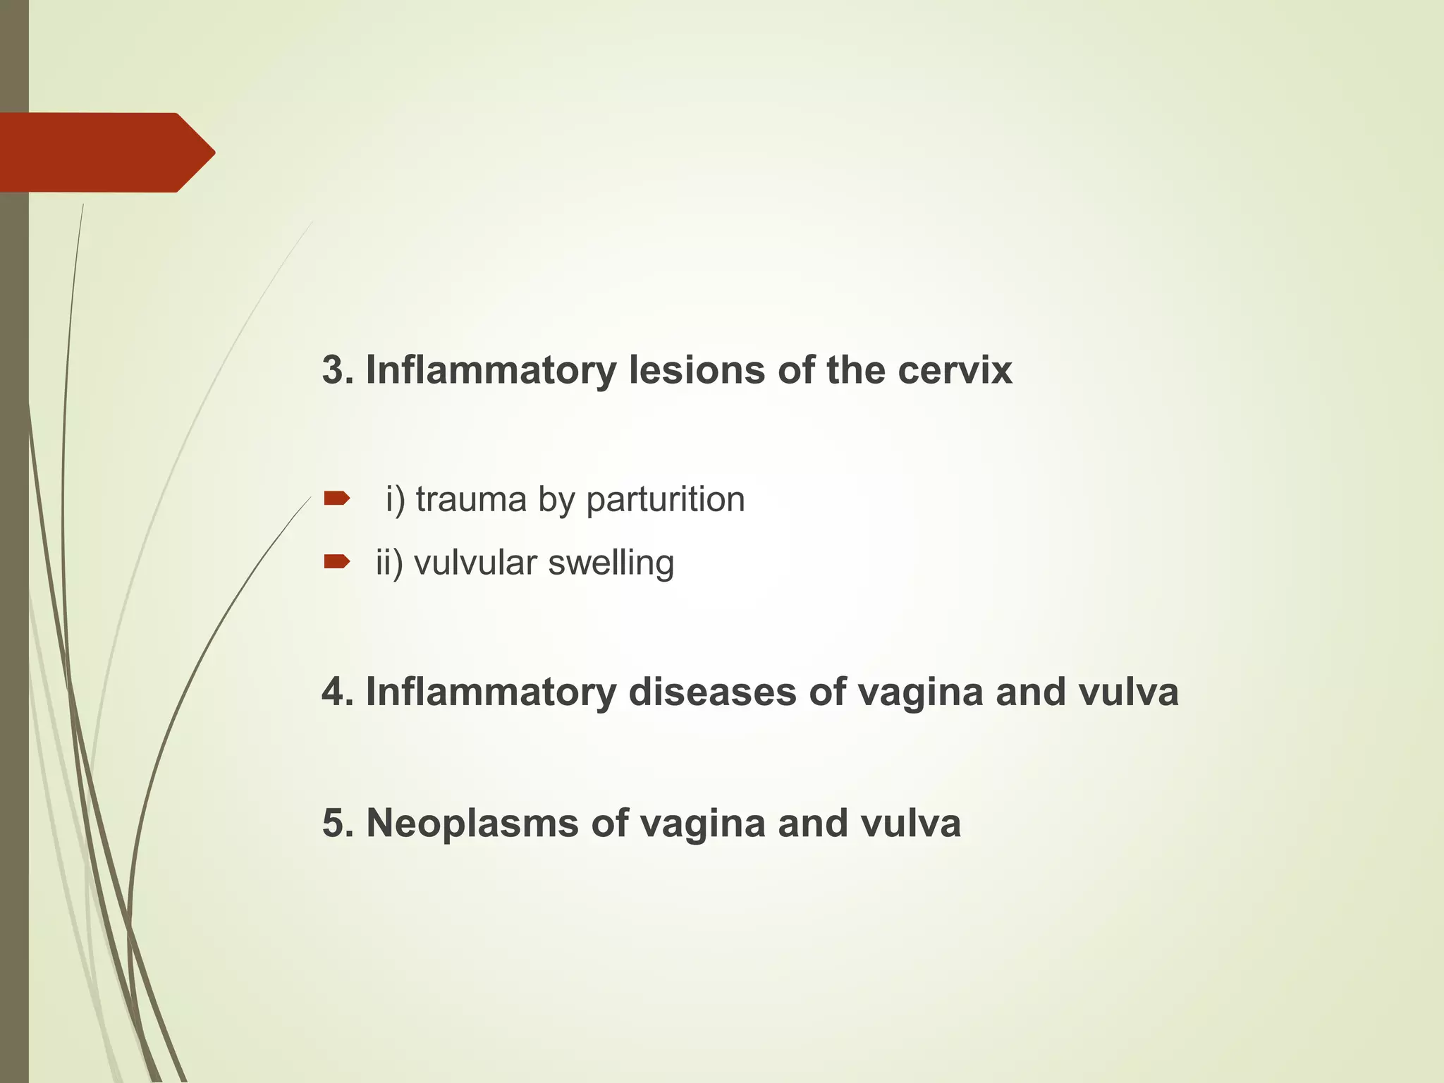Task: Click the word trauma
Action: click(471, 500)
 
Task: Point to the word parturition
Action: click(665, 500)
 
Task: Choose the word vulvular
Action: click(475, 563)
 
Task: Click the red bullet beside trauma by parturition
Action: click(336, 499)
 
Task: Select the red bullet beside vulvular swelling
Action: click(336, 561)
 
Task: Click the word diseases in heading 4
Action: click(711, 692)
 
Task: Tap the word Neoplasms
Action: click(472, 824)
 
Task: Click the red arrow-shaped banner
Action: click(106, 152)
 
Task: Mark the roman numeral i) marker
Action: click(395, 500)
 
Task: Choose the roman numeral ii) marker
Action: click(389, 563)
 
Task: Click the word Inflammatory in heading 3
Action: click(491, 370)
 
